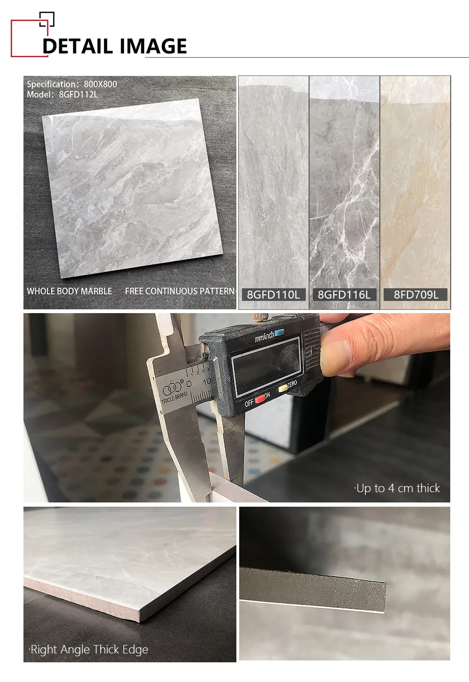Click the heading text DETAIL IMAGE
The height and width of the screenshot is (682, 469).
click(114, 46)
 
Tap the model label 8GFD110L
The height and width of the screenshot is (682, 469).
click(273, 295)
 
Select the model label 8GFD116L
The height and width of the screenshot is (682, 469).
click(344, 295)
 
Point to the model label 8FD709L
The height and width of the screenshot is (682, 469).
click(416, 295)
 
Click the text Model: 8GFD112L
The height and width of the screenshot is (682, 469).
click(62, 95)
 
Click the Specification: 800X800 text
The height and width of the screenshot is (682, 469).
click(72, 84)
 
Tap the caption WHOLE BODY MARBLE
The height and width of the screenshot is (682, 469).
click(69, 291)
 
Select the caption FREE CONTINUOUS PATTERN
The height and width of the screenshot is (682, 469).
click(180, 291)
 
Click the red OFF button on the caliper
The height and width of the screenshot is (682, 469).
click(260, 399)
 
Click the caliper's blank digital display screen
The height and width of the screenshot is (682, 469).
click(266, 366)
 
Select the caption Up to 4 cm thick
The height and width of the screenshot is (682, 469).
click(397, 488)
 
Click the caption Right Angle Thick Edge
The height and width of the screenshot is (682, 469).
click(88, 649)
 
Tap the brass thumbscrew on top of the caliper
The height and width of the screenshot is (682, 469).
click(258, 316)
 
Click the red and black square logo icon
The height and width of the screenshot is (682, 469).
click(32, 34)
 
